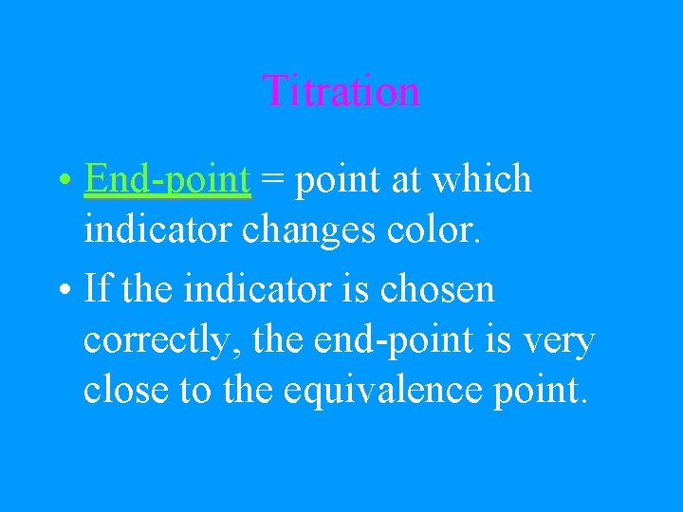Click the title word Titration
click(341, 92)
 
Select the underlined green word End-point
click(167, 179)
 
